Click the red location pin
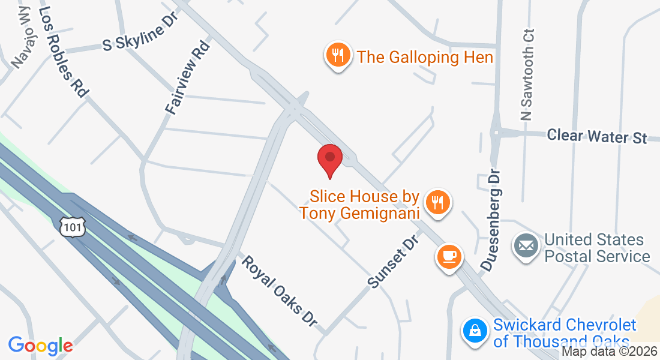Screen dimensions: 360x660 click(x=329, y=159)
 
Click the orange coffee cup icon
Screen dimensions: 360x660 click(x=449, y=257)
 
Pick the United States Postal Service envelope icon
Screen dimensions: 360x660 click(x=526, y=246)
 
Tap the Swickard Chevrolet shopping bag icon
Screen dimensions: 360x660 click(x=475, y=331)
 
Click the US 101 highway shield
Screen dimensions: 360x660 click(x=73, y=227)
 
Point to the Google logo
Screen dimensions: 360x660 click(x=40, y=346)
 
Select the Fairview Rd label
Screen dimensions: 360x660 click(x=188, y=77)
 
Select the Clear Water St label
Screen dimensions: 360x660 click(x=597, y=136)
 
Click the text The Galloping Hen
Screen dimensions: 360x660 click(x=425, y=58)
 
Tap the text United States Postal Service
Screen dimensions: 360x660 click(x=597, y=248)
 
